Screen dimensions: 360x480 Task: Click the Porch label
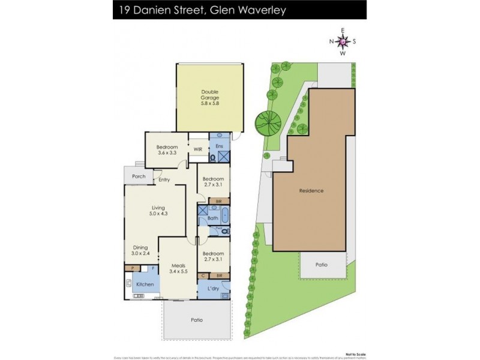tap(139, 176)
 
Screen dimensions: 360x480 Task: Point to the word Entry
tap(164, 179)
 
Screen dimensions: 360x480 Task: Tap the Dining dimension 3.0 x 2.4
tap(140, 253)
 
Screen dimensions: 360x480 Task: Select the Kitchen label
tap(145, 284)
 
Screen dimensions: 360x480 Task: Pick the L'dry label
tap(213, 289)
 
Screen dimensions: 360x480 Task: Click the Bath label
tap(212, 218)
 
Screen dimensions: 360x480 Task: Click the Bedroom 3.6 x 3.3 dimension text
tap(167, 153)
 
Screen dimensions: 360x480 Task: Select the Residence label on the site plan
tap(311, 191)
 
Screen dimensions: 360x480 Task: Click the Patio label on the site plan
tap(323, 265)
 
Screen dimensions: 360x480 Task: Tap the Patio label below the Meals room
tap(197, 320)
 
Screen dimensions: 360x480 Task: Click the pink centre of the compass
tap(343, 41)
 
